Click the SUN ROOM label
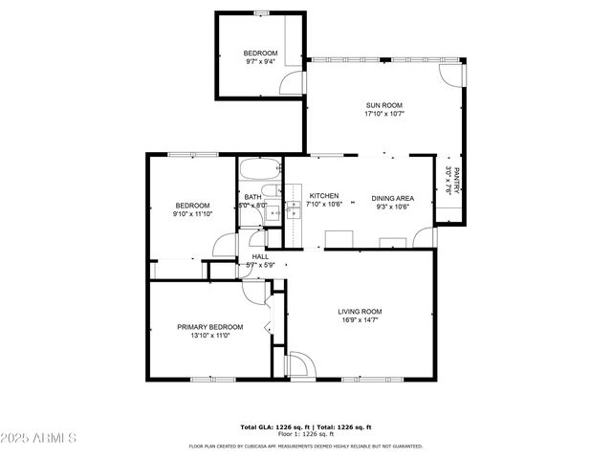tap(384, 105)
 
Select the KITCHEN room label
tap(323, 195)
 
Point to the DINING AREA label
tap(392, 198)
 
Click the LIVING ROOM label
tap(360, 311)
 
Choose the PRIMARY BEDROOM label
tap(209, 327)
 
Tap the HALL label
tap(260, 256)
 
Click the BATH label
tap(252, 197)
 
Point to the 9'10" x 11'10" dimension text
tap(192, 214)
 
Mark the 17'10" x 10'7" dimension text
tap(384, 114)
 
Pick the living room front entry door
tap(298, 364)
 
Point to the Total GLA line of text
tap(305, 426)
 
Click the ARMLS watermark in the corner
tap(39, 438)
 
